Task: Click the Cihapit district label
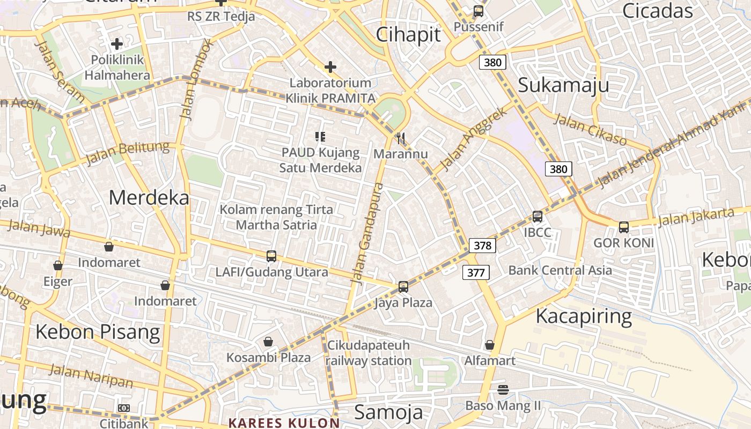(x=408, y=34)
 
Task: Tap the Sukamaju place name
(x=563, y=85)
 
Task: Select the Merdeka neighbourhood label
(x=149, y=197)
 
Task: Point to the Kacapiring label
(x=584, y=316)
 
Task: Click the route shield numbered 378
(x=482, y=246)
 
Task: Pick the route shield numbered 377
(x=476, y=272)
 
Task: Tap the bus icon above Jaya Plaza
(x=403, y=287)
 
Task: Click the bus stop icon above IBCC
(x=538, y=217)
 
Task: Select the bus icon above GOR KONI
(x=624, y=227)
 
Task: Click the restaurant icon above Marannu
(x=401, y=139)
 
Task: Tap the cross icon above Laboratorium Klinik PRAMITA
(x=330, y=67)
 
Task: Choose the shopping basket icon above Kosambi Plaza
(x=268, y=342)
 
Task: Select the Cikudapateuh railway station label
(x=369, y=352)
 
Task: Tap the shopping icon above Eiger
(x=58, y=265)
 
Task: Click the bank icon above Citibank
(x=124, y=408)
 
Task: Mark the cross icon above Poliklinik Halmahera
(x=117, y=44)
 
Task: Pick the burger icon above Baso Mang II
(x=503, y=389)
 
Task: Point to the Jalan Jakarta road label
(x=696, y=217)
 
